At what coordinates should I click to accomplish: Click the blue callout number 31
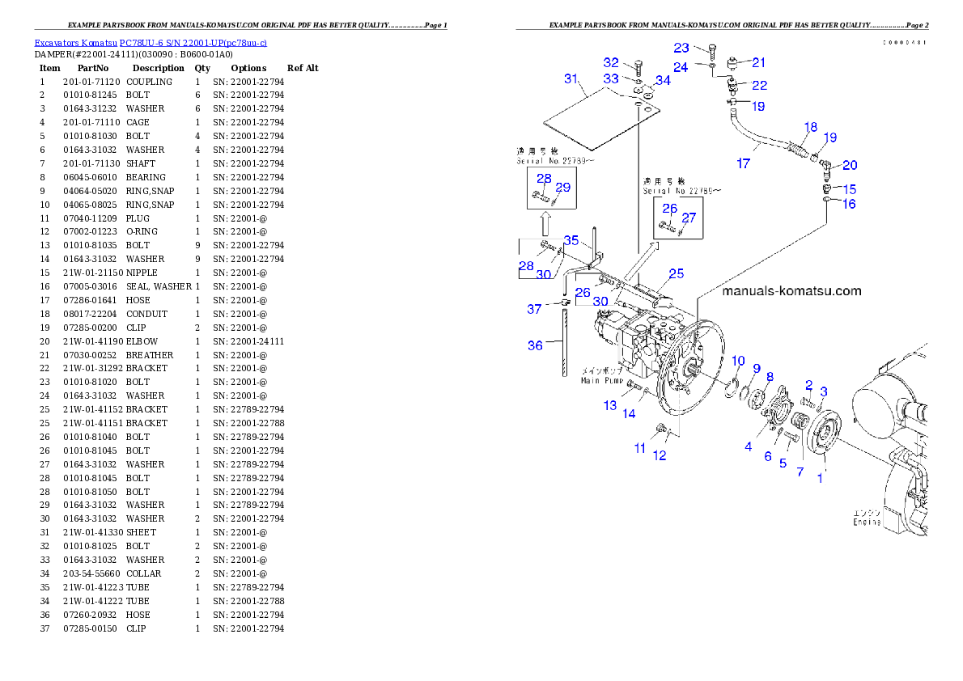572,79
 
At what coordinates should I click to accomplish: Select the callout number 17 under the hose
744,163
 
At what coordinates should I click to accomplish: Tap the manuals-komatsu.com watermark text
791,291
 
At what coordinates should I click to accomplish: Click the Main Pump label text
601,380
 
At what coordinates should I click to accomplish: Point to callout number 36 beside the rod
535,345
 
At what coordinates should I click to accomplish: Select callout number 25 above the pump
677,273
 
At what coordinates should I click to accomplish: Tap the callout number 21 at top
758,61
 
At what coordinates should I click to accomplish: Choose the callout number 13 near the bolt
610,405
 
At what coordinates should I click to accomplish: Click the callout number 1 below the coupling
820,478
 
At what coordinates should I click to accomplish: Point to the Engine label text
867,522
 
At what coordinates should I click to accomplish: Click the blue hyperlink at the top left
151,42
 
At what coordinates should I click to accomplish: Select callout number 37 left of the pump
535,309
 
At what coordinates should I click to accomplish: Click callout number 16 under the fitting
849,204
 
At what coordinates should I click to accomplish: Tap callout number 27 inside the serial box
689,218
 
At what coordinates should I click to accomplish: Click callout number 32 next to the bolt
611,62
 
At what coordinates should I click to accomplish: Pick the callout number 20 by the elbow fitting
850,165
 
